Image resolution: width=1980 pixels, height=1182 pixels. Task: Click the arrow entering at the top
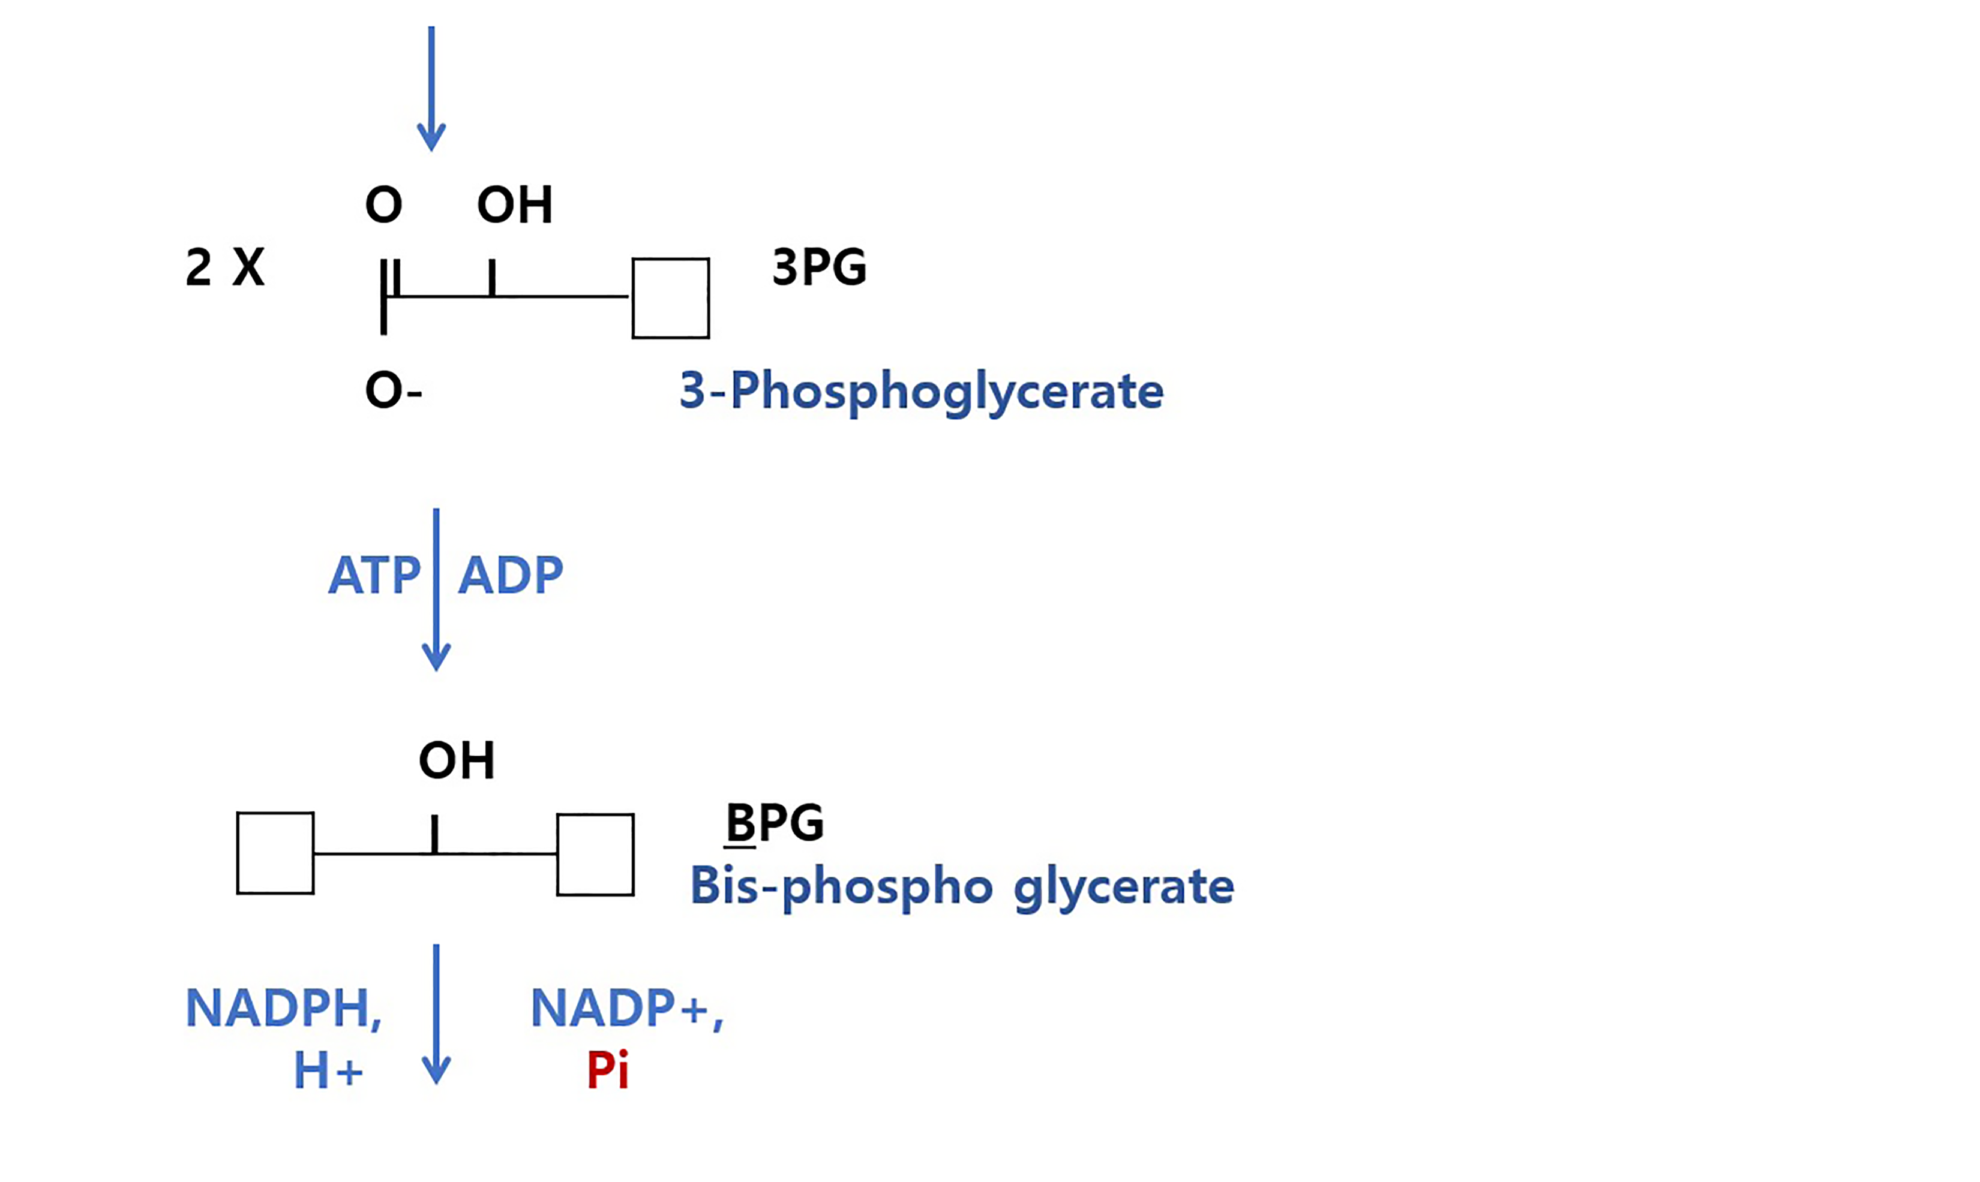431,88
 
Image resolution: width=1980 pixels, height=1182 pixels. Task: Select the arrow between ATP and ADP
436,590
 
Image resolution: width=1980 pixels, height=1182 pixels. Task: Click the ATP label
374,575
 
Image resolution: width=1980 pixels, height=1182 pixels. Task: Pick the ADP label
511,575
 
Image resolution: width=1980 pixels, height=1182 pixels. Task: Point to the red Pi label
607,1070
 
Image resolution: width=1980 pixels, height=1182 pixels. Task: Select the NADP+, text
626,1008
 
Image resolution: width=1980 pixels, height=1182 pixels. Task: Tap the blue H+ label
328,1070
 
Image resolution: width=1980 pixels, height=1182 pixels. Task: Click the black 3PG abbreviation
819,267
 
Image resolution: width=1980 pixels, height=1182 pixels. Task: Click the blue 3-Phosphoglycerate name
921,391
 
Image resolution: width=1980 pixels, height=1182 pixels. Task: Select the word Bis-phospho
841,886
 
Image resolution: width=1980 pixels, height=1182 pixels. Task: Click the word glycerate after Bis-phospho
1123,886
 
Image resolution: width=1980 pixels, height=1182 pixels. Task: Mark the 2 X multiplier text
224,267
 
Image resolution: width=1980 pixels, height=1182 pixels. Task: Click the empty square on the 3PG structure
671,298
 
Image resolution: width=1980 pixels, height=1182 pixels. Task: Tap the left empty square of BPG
275,853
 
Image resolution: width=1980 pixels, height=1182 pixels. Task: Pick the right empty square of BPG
595,855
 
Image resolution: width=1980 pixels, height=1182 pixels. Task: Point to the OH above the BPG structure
457,760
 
